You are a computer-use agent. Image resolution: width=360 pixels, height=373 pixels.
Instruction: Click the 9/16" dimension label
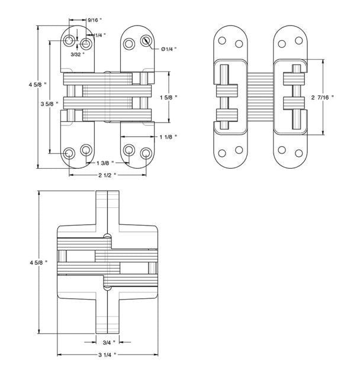94,21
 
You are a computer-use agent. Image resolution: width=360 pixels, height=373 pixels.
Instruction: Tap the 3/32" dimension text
78,54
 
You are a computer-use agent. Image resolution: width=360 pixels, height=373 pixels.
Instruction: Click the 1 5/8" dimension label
169,97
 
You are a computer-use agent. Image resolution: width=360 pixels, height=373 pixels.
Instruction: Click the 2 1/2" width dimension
106,176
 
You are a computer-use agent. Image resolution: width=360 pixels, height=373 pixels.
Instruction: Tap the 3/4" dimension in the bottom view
108,342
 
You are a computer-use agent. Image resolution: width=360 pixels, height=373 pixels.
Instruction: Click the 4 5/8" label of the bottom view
30,263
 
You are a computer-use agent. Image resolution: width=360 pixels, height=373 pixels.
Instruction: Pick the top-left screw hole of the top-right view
223,41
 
